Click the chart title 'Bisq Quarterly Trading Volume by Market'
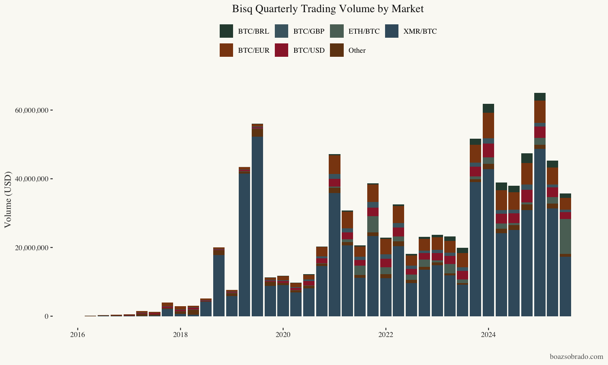point(328,9)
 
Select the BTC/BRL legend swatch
point(226,31)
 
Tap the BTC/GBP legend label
point(308,31)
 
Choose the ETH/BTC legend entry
point(364,31)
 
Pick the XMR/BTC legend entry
point(420,31)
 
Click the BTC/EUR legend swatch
point(226,50)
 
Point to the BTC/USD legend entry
point(309,50)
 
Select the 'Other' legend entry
point(357,50)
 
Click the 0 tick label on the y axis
point(47,316)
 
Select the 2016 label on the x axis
point(77,335)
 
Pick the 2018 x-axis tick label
point(180,335)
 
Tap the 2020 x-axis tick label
point(283,335)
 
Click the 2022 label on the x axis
point(386,335)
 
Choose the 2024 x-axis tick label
point(488,335)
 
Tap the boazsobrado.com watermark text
point(576,357)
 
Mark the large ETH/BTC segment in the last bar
point(565,236)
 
